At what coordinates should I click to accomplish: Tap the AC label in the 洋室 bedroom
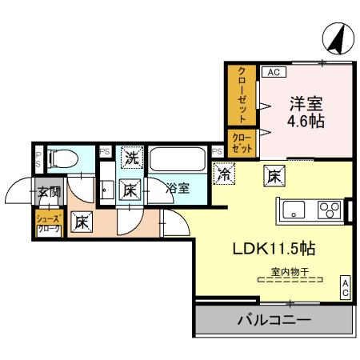point(272,71)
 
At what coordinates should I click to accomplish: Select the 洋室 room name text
point(305,104)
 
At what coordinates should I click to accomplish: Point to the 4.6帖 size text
point(305,122)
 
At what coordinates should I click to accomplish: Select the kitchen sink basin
point(292,211)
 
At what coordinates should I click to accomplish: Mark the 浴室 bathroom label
point(178,189)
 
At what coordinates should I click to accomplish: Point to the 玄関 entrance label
point(47,192)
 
